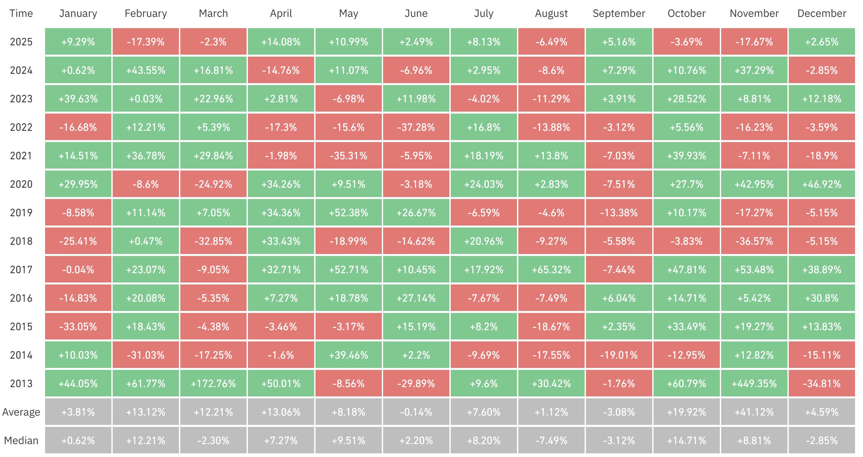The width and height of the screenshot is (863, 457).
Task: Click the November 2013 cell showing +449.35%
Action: (x=754, y=383)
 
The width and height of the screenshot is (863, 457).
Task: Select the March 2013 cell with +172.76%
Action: (x=213, y=383)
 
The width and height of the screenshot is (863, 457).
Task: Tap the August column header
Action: (x=551, y=13)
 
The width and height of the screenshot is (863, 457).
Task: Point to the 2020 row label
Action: (x=21, y=184)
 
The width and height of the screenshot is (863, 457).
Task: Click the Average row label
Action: (x=21, y=412)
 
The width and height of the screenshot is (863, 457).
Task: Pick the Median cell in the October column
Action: (x=686, y=440)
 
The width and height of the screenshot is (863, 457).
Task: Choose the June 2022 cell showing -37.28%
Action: (x=416, y=127)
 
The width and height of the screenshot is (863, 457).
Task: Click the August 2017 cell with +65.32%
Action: (x=551, y=270)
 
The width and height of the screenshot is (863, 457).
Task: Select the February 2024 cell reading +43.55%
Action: (x=146, y=70)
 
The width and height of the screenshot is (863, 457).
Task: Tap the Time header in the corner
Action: (x=21, y=13)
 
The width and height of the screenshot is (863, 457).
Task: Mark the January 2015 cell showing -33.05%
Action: (x=78, y=327)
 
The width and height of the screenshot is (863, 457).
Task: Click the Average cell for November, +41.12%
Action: (x=754, y=412)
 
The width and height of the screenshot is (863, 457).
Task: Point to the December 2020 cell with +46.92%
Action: (x=822, y=184)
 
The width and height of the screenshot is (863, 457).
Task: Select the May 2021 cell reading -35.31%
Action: (x=348, y=156)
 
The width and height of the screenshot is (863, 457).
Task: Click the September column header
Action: (x=619, y=13)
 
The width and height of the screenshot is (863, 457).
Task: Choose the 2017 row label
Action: (x=21, y=270)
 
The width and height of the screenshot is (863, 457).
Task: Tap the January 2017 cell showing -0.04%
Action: (x=78, y=270)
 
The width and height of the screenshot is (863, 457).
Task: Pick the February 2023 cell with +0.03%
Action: (x=146, y=99)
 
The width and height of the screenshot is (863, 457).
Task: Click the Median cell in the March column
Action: (x=213, y=440)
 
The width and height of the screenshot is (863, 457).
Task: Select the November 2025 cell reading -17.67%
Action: (x=754, y=42)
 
